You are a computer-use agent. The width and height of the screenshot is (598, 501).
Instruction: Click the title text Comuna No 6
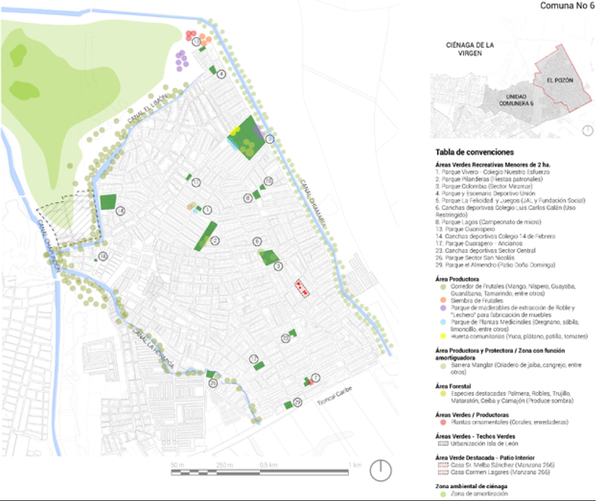(567, 6)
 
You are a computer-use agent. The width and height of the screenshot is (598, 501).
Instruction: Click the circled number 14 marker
(121, 210)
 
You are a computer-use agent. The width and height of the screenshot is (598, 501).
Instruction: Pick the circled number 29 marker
(297, 402)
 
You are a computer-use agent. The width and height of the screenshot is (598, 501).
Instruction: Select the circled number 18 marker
(104, 256)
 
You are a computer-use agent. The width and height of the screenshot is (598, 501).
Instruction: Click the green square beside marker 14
(107, 202)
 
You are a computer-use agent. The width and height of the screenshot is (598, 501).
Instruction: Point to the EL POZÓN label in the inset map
(560, 80)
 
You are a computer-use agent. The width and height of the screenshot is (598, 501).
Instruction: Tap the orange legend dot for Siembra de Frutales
(438, 300)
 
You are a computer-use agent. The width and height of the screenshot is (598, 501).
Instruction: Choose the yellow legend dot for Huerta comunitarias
(438, 336)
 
